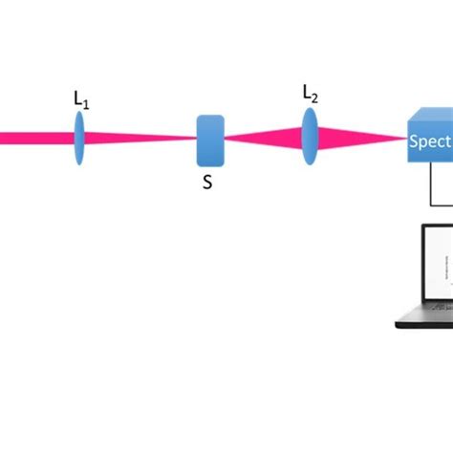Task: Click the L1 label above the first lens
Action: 81,98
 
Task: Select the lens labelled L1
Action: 79,138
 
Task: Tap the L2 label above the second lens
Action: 311,93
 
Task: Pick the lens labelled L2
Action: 310,138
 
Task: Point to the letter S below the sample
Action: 207,183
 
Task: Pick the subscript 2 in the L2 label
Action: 315,97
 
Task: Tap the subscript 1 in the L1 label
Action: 86,102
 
